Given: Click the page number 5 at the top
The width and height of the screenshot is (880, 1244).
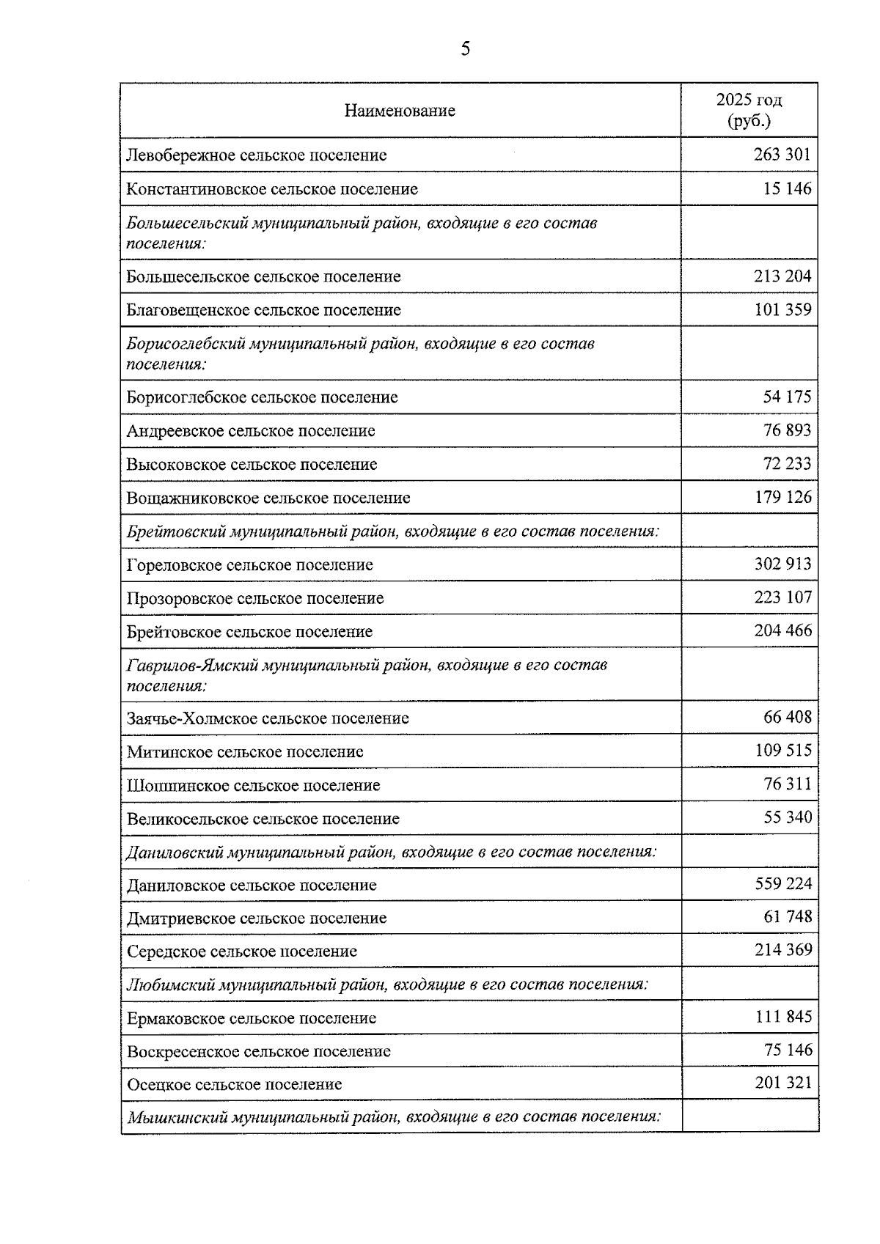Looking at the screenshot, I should (x=465, y=49).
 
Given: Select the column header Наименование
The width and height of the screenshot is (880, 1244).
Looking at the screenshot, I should (x=400, y=111).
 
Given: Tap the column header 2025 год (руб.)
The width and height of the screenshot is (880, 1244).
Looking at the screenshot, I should (x=749, y=110).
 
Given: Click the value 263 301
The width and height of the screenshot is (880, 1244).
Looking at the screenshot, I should (x=782, y=155).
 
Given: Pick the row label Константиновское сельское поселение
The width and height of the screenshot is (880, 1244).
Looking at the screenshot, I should (x=272, y=189).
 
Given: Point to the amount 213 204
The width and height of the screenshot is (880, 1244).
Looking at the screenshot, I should (x=782, y=276).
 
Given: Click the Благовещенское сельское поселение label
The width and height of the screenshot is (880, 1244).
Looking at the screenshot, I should (x=263, y=310).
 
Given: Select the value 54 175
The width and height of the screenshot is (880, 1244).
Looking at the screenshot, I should (x=787, y=397).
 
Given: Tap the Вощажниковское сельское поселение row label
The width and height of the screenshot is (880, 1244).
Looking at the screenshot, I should (x=268, y=498).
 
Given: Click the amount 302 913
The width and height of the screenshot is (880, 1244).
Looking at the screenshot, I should (x=782, y=564).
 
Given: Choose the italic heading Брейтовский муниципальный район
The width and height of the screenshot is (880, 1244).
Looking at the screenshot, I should (x=392, y=531).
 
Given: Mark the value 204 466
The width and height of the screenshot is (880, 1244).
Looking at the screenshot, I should (x=782, y=630).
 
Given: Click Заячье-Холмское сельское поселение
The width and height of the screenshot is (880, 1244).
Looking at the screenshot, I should (x=268, y=718).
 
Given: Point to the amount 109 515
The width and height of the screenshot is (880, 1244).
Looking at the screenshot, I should (x=782, y=751).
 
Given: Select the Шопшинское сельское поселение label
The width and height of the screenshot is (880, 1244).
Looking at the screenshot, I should (x=253, y=785).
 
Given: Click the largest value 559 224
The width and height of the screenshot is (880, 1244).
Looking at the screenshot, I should (x=782, y=884).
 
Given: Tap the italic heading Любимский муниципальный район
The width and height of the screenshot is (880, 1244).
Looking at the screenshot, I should (x=387, y=984).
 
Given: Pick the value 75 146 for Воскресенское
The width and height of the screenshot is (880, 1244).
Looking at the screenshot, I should (x=787, y=1050).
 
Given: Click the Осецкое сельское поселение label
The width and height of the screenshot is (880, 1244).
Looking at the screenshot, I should (x=234, y=1084).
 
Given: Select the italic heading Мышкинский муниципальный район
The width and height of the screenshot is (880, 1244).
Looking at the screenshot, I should (x=394, y=1117).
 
